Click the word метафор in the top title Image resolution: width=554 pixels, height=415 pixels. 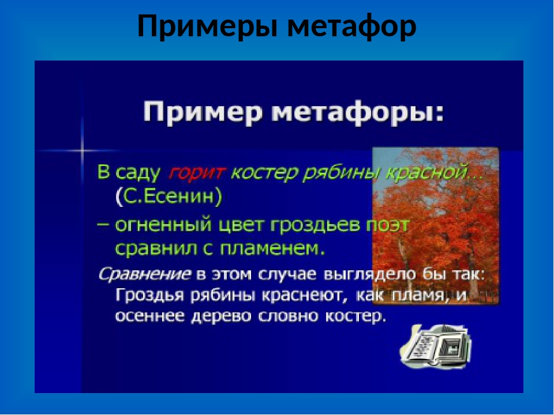[352, 26]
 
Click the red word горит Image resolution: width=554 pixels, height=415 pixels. [196, 173]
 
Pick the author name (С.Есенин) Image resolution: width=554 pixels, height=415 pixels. [169, 197]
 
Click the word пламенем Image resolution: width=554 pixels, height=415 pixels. [272, 249]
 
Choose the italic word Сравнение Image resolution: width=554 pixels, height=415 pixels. [144, 275]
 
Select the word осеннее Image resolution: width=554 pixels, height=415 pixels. [150, 316]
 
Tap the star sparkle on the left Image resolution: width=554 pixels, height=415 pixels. [82, 150]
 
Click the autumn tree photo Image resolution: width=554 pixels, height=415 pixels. [436, 226]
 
